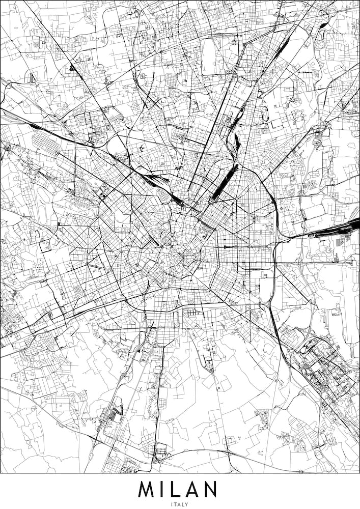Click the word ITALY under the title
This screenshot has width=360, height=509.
[x=180, y=504]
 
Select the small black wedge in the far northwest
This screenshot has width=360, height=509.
[x=73, y=68]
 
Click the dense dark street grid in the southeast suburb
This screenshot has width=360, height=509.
[x=326, y=374]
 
